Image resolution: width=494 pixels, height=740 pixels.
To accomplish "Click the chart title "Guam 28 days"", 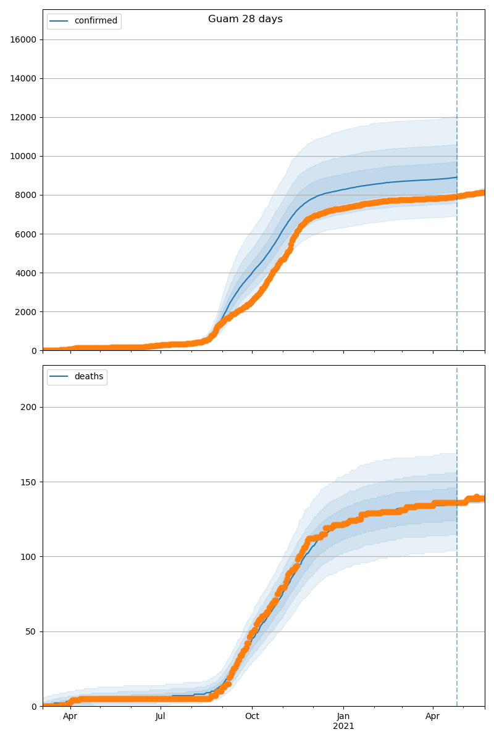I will point(245,19).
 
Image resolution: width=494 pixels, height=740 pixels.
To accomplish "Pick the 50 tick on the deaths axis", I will point(31,631).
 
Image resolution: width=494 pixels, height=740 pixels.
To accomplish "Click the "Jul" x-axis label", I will point(161,717).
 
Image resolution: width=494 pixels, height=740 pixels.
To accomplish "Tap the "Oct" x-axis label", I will point(252,717).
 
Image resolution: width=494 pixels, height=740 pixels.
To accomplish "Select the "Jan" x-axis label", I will point(343,717).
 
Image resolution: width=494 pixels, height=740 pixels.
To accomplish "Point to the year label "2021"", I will point(343,726).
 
